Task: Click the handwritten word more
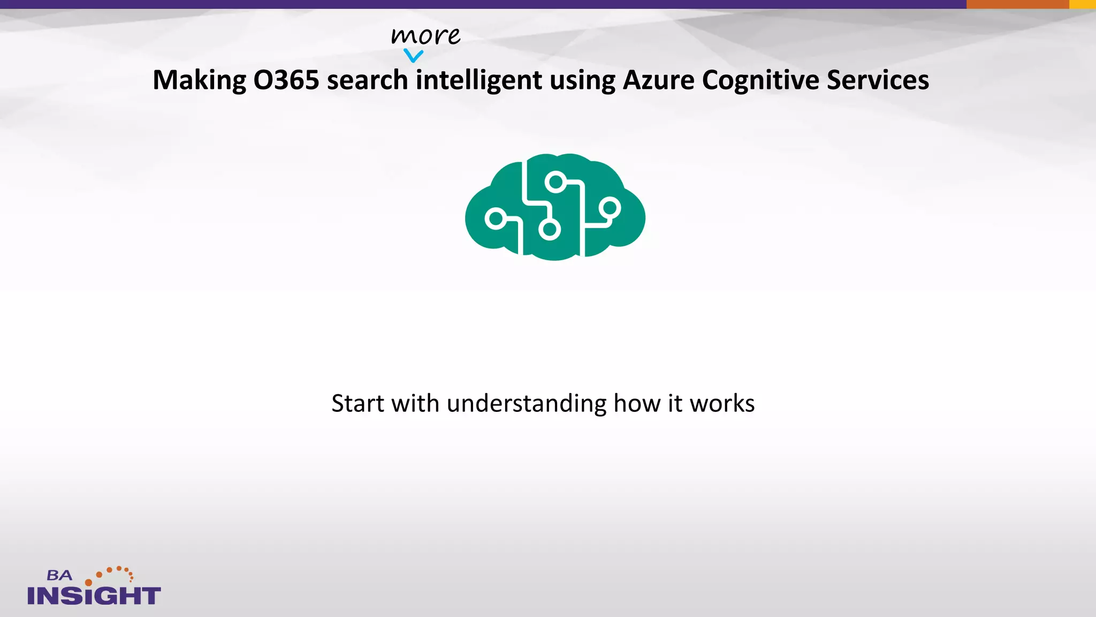point(425,36)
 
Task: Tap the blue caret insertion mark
point(413,55)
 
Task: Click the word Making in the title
point(199,80)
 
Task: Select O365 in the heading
point(286,80)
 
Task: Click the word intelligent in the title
point(479,80)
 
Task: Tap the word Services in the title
point(878,80)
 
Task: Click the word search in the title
point(367,80)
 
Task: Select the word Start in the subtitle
point(357,403)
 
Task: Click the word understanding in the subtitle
point(527,403)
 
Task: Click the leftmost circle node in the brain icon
point(496,219)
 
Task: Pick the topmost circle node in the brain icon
point(556,182)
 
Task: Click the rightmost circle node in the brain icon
point(610,207)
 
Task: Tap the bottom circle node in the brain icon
point(549,230)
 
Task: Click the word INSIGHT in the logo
point(94,596)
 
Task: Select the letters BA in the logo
point(59,576)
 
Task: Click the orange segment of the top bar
point(1017,4)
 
